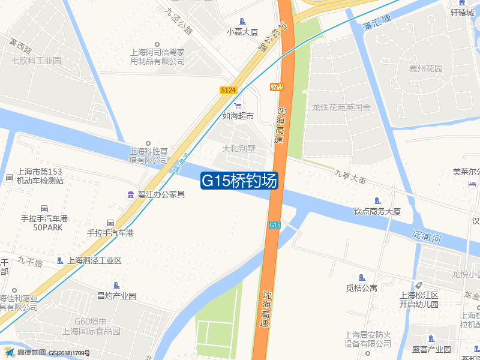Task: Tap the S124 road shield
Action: point(229,89)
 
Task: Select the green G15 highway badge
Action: point(274,225)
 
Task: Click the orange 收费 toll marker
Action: point(277,87)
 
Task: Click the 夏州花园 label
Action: point(426,68)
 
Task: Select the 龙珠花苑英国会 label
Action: point(342,108)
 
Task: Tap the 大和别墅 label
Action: point(239,148)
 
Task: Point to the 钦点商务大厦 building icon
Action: point(377,200)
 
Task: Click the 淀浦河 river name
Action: point(427,238)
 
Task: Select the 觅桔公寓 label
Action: point(361,288)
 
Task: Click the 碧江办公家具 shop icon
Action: point(131,194)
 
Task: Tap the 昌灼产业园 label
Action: point(117,296)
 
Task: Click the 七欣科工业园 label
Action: point(37,61)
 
